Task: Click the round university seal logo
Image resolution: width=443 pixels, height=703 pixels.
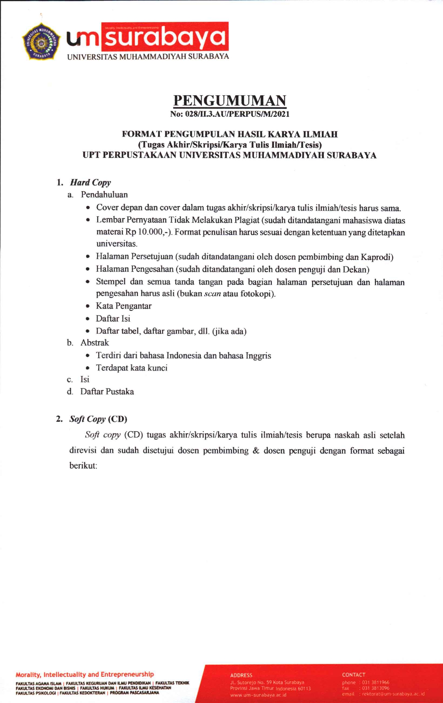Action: [41, 41]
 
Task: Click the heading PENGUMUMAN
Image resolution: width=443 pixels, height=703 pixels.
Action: [230, 101]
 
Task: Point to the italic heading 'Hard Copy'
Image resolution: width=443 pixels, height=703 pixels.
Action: [90, 182]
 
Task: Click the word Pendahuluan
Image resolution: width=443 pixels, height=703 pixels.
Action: [104, 195]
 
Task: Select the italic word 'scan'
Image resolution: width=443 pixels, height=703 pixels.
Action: [212, 294]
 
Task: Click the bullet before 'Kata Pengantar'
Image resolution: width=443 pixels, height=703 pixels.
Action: [88, 306]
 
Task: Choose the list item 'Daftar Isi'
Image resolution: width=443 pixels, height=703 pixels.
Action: [113, 319]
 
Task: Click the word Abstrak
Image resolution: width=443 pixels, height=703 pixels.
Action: [95, 343]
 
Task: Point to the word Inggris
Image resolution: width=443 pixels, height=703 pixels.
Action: [258, 356]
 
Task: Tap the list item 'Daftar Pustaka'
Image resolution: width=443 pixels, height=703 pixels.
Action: [107, 392]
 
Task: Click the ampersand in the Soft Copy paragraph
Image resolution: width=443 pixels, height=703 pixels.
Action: [256, 451]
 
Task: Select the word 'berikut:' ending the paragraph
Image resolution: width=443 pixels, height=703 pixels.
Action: [83, 466]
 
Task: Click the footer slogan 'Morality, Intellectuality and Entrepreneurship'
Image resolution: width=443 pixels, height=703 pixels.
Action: [85, 674]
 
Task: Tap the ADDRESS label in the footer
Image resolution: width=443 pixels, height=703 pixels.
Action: [241, 675]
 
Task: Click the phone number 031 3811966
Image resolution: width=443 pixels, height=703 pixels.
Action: [376, 682]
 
